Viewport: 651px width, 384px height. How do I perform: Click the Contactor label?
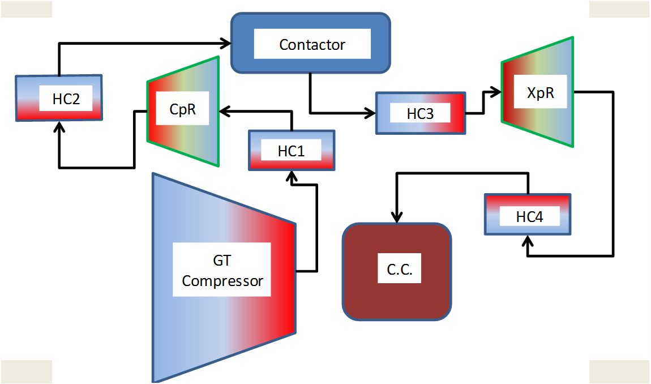coord(312,45)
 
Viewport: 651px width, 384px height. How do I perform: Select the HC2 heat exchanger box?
coord(59,99)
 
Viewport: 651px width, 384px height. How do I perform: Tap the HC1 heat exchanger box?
coord(292,151)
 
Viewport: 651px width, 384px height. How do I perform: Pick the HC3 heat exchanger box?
coord(421,113)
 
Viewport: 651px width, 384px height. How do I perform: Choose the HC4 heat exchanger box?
coord(528,215)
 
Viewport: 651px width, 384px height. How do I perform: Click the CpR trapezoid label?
coord(182,109)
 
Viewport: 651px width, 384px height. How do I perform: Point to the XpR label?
coord(540,93)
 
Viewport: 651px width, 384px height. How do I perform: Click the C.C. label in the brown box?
coord(396,270)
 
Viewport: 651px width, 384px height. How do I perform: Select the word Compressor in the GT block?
coord(222,281)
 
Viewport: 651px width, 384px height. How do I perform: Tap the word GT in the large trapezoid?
coord(222,261)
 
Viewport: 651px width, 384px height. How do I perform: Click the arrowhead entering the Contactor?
coord(226,42)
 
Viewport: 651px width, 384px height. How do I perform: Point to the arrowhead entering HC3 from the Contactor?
coord(371,113)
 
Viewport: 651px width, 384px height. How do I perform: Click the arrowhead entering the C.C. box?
coord(397,217)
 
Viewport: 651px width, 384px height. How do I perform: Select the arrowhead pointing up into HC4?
coord(528,241)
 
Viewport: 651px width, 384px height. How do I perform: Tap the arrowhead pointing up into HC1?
coord(292,176)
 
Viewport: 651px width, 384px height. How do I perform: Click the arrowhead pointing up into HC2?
coord(59,126)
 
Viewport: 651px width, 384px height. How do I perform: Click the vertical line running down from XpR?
coord(613,170)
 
